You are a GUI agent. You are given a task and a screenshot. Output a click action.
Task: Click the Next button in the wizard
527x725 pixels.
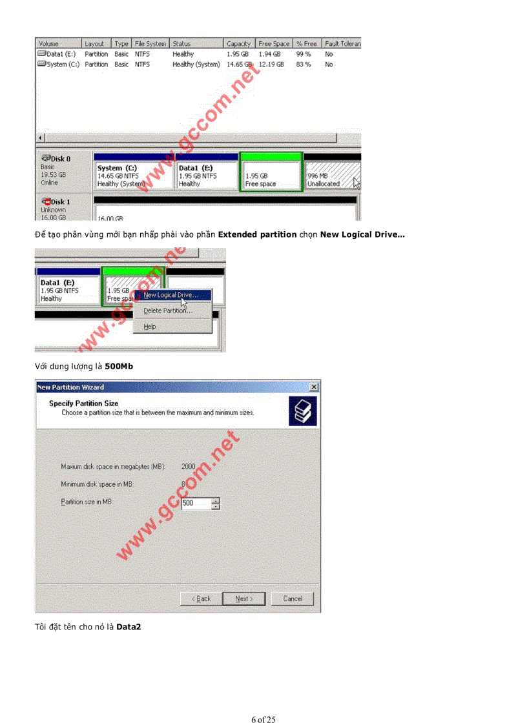point(243,598)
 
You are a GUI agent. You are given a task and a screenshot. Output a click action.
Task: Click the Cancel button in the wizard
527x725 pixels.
point(293,598)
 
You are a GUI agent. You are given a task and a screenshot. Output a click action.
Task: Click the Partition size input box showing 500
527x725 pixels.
point(196,504)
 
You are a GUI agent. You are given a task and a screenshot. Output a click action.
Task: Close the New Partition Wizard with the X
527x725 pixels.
point(314,387)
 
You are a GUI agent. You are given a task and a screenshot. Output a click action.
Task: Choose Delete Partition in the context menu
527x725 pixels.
point(167,311)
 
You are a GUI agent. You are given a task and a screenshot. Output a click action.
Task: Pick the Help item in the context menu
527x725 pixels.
point(150,327)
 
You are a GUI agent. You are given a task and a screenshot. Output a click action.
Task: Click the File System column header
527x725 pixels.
point(150,44)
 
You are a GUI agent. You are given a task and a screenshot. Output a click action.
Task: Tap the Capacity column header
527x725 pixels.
point(238,44)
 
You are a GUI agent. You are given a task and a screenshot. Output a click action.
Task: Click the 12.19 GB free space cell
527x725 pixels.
point(271,65)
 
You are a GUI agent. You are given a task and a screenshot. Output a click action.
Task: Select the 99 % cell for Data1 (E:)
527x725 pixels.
point(304,54)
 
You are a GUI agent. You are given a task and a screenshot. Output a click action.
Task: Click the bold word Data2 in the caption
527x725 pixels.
point(129,626)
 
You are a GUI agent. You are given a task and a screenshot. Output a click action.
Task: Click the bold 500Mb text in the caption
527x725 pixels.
point(119,366)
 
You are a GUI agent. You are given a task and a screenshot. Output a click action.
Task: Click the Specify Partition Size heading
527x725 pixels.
point(83,403)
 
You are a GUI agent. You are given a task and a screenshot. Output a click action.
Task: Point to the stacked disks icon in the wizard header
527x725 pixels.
point(303,411)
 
